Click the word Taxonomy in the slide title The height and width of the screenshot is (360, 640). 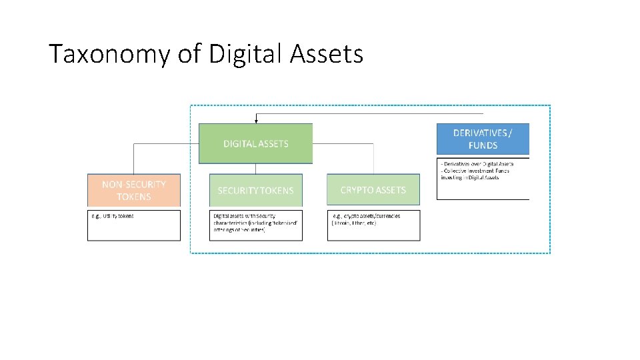[x=109, y=54]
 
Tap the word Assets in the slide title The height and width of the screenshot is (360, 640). [x=326, y=54]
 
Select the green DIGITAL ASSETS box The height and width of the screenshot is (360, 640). [x=255, y=143]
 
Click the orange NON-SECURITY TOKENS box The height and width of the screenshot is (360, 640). [x=134, y=190]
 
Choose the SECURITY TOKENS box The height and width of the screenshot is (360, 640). [x=255, y=190]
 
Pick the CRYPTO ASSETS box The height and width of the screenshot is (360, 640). [x=373, y=189]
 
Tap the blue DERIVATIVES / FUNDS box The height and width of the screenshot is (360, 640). [x=483, y=139]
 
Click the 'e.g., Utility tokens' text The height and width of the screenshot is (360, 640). [x=113, y=216]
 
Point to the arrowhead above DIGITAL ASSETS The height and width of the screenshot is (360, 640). [x=255, y=120]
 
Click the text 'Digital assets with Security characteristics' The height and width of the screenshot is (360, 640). [x=246, y=219]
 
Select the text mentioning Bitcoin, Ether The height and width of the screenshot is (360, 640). [x=354, y=223]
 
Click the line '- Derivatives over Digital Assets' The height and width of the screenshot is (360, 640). [x=476, y=164]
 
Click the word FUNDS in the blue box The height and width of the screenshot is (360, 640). [x=483, y=145]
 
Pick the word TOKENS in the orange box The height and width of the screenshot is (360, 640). [x=134, y=197]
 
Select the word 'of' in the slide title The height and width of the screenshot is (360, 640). [x=189, y=54]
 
